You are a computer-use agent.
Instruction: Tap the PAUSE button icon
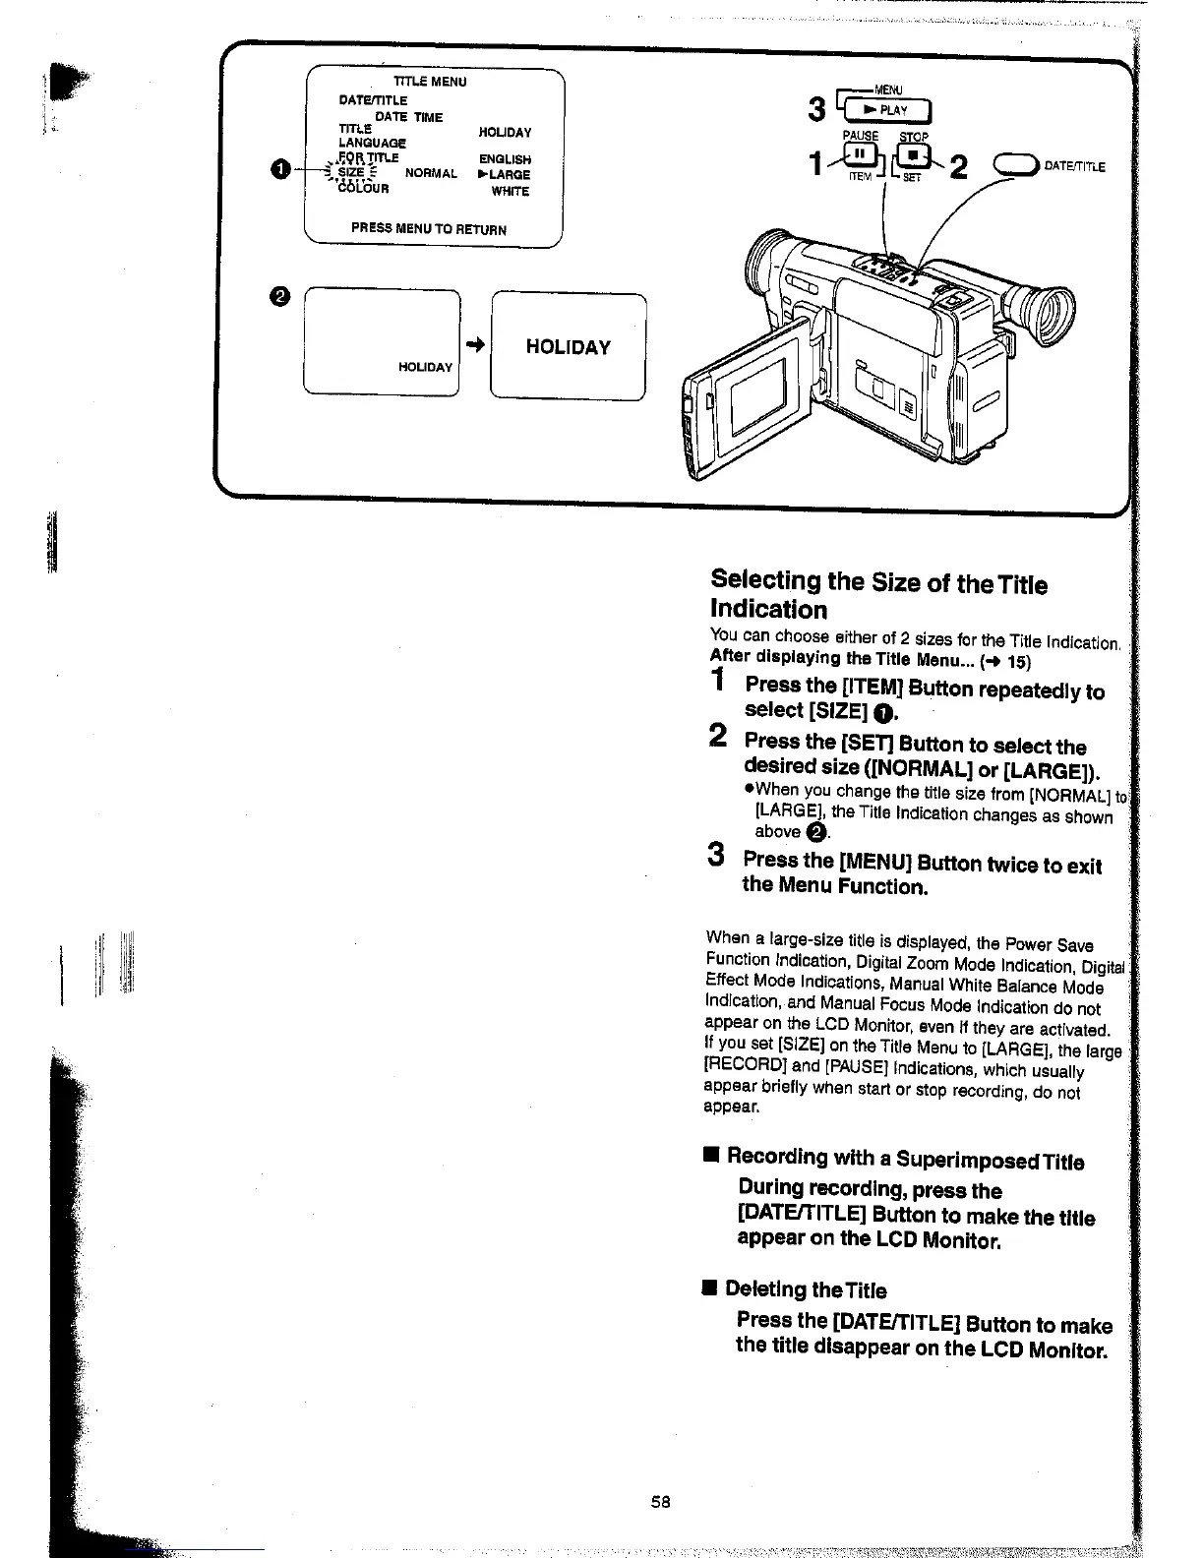(x=860, y=155)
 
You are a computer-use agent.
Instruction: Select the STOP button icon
(x=914, y=155)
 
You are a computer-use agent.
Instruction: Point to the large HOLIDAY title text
(x=568, y=347)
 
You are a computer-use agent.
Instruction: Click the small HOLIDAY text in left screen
(x=425, y=367)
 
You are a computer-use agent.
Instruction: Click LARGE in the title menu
(x=505, y=175)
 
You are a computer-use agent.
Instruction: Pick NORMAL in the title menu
(x=431, y=174)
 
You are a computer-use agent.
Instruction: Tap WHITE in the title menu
(x=511, y=191)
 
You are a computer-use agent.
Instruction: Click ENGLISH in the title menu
(x=505, y=159)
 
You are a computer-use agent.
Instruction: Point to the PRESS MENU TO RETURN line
(x=429, y=229)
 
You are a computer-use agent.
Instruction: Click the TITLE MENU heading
(x=430, y=82)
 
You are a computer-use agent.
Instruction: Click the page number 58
(x=660, y=1502)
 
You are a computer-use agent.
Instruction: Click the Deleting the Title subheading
(x=805, y=1290)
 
